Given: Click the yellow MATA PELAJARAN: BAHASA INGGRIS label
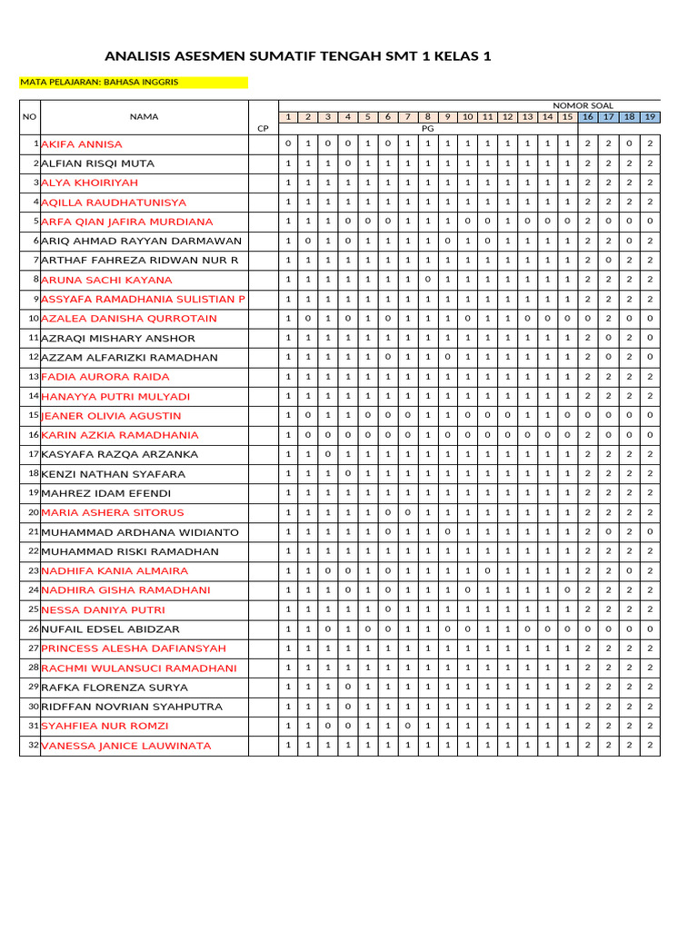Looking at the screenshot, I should (99, 82).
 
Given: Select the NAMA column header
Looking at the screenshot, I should (144, 116).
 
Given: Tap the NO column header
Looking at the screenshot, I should (29, 116).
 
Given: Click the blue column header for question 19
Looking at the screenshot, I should (650, 117).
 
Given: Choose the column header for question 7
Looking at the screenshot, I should (408, 117).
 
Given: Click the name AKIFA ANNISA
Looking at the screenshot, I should (82, 144).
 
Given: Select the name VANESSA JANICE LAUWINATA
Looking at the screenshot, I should (126, 746).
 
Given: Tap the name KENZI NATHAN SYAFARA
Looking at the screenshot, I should (114, 474).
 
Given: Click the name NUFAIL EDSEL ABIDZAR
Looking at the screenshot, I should (111, 629).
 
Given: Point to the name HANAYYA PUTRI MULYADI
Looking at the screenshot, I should (115, 397).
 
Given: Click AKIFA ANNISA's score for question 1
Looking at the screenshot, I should (288, 144).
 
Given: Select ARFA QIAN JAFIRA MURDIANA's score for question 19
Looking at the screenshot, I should (650, 222).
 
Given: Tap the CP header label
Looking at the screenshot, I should (263, 129).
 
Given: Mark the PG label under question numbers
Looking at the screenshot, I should (428, 129).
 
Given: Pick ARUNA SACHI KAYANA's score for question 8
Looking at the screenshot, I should (428, 280).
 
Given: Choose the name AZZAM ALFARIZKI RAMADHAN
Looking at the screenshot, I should (130, 358).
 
